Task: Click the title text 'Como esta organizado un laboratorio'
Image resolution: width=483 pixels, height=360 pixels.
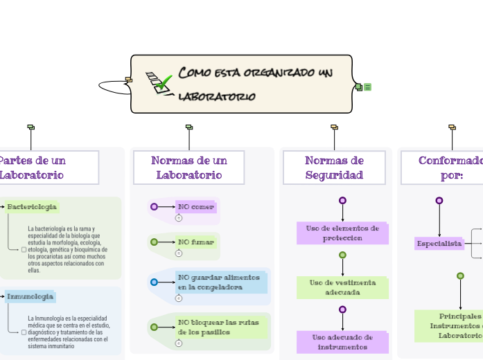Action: pos(255,84)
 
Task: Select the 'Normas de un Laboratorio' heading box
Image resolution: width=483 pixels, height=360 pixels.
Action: pos(188,168)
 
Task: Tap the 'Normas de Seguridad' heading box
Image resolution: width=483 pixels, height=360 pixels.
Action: pos(334,168)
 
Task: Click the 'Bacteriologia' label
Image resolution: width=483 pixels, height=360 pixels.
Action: pos(32,207)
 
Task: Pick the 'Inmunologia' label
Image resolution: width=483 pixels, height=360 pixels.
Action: pos(30,297)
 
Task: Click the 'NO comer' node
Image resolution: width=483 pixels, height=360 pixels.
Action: pos(196,206)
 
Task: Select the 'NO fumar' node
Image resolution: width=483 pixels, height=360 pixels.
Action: pos(196,242)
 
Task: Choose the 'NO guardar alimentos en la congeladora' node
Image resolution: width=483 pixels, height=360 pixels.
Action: pos(221,282)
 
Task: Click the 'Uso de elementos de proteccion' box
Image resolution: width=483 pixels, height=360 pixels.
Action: pos(342,233)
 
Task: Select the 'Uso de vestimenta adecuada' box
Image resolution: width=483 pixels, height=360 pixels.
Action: pos(342,287)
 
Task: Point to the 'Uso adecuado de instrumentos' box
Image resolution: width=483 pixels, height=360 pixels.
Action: pos(342,342)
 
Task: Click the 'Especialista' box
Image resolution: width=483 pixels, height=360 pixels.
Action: pos(439,244)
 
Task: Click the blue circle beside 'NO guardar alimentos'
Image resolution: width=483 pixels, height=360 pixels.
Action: pos(154,282)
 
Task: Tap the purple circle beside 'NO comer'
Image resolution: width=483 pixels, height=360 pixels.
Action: pos(154,206)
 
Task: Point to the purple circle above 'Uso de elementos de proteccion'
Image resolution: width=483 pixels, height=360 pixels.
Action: pos(342,201)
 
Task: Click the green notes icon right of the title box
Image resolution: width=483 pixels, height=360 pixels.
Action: pos(368,87)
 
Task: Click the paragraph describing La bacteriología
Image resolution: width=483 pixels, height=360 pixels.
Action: pos(67,249)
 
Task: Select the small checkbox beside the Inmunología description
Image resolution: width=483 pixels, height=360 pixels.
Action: pos(24,332)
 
